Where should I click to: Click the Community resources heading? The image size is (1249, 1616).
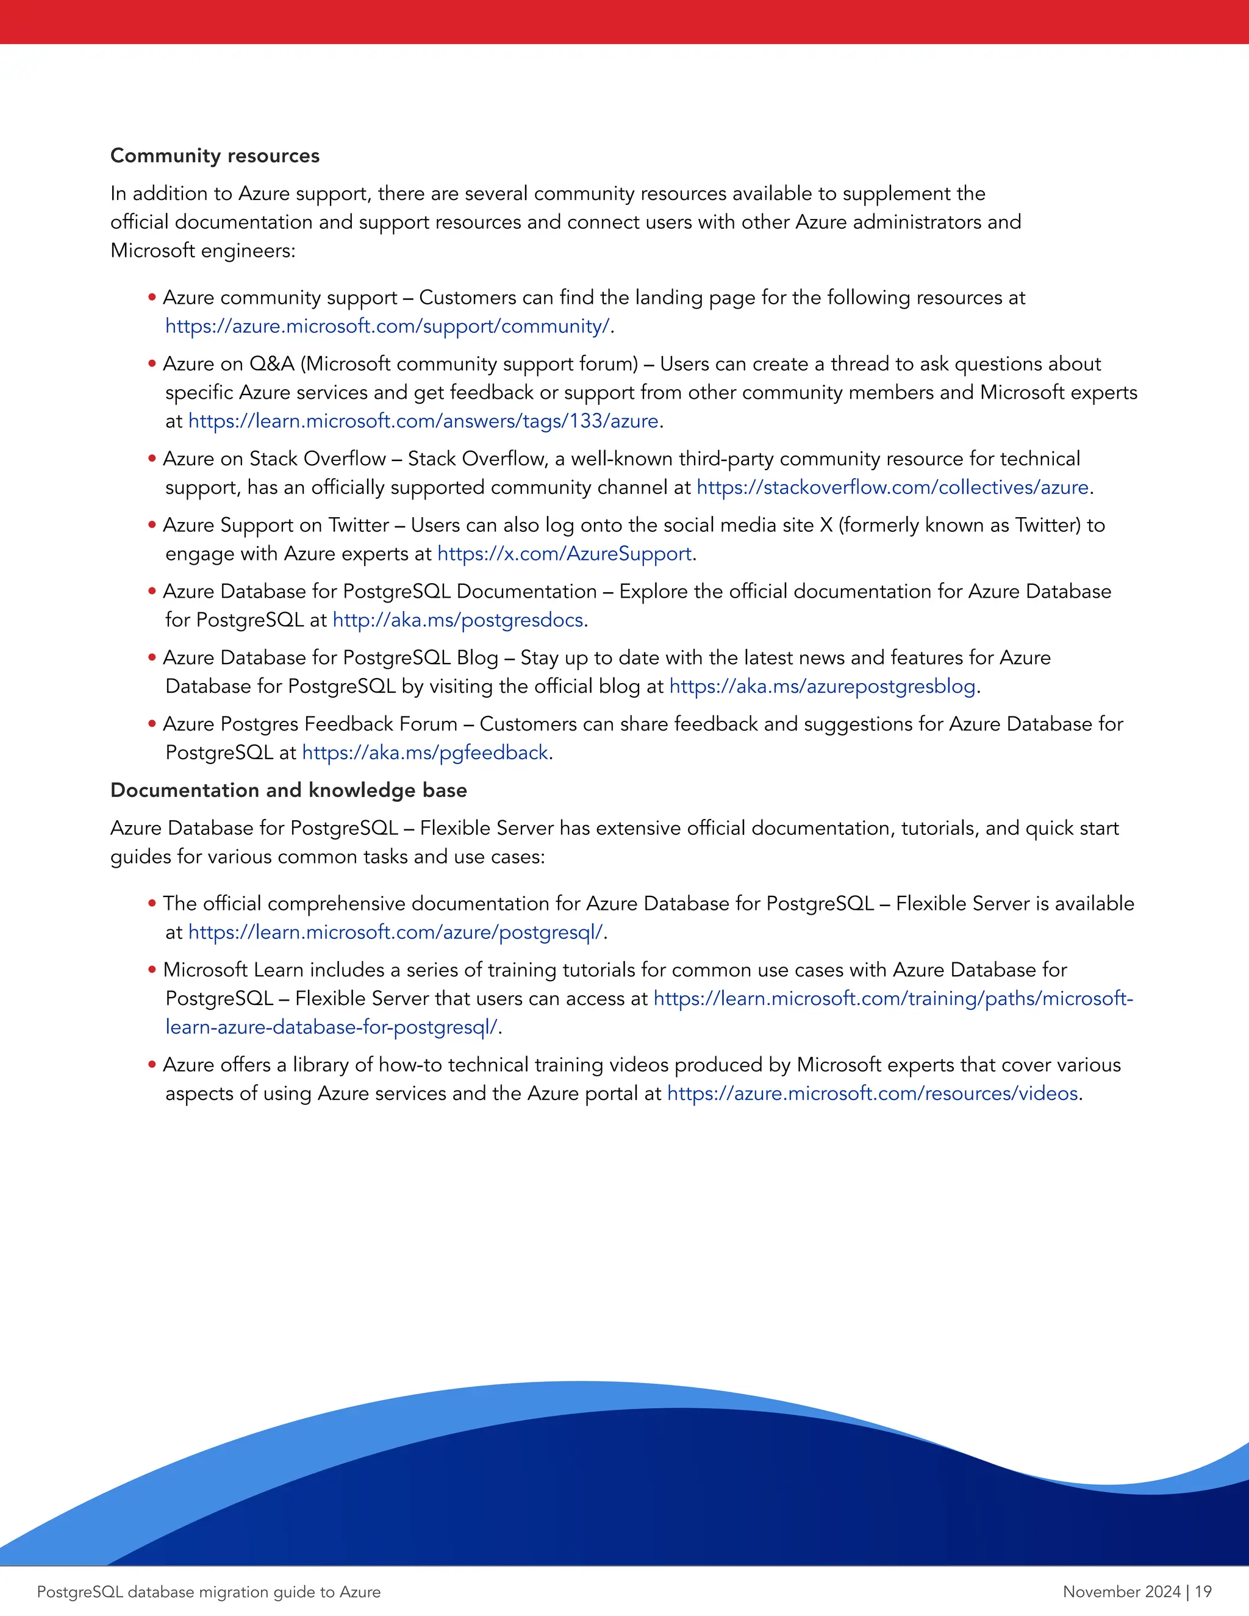click(215, 156)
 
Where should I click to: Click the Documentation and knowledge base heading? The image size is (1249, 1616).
click(288, 790)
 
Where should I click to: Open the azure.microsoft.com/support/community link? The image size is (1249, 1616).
click(388, 326)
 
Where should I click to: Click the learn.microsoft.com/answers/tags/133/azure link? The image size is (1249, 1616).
click(423, 421)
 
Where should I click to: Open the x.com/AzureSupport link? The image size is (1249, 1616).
click(565, 554)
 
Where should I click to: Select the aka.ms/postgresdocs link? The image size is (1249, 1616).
click(458, 620)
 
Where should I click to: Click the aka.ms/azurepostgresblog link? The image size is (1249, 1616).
click(822, 687)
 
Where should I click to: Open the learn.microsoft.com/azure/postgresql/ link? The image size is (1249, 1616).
click(396, 932)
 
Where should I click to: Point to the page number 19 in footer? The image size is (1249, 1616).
click(1203, 1592)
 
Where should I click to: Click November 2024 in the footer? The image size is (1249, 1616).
click(1121, 1592)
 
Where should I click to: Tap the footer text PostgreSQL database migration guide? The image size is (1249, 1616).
click(209, 1592)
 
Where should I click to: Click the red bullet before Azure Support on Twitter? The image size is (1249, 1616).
click(152, 525)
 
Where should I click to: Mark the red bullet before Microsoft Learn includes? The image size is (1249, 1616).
click(152, 970)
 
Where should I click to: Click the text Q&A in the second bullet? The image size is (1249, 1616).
click(271, 364)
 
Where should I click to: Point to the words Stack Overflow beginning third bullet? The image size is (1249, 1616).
click(317, 459)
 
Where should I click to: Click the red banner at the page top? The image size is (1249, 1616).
click(624, 21)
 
